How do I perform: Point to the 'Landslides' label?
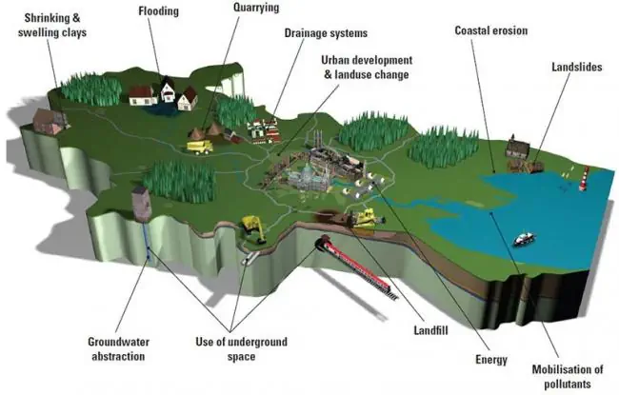pos(576,68)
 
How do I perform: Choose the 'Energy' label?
pos(491,360)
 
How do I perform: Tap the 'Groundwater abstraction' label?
pos(117,349)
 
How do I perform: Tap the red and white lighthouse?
pos(585,177)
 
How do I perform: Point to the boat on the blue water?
pos(524,239)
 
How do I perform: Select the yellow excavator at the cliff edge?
pos(253,227)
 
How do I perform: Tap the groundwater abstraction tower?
pos(142,203)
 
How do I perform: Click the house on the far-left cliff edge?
pos(49,120)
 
